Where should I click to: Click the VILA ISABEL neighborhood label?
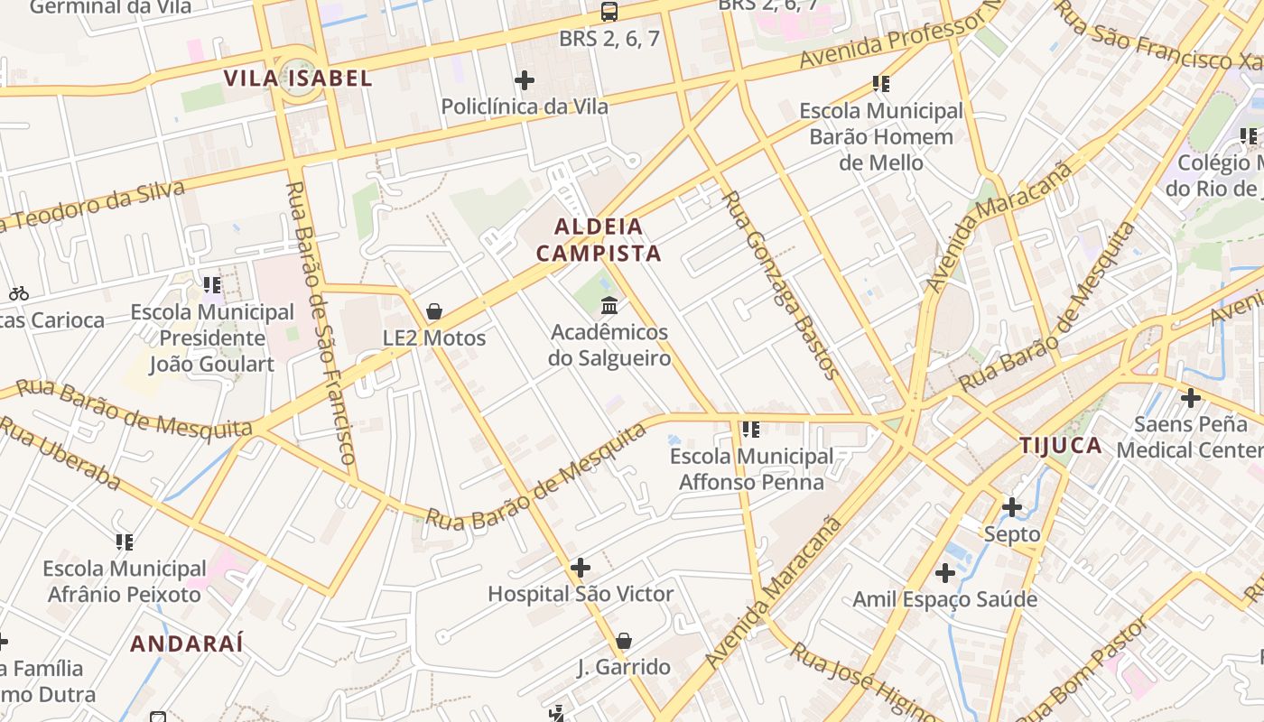click(298, 79)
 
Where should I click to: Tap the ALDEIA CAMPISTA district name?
click(599, 240)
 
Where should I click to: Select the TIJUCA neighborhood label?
click(1061, 445)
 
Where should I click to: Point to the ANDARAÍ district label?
click(187, 643)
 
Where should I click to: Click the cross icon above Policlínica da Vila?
click(525, 80)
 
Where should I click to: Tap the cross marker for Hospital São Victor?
click(581, 568)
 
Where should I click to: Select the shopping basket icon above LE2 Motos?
click(434, 311)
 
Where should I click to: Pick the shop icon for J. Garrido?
click(623, 641)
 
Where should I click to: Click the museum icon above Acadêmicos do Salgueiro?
click(609, 306)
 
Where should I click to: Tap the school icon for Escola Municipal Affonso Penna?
click(751, 430)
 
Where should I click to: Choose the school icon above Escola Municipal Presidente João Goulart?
click(212, 286)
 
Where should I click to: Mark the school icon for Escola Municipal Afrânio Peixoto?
click(125, 542)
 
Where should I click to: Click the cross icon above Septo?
click(1012, 507)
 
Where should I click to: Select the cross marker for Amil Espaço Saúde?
click(945, 573)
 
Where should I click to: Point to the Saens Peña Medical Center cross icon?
click(1191, 397)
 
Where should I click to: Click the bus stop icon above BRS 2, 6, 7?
click(609, 12)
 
